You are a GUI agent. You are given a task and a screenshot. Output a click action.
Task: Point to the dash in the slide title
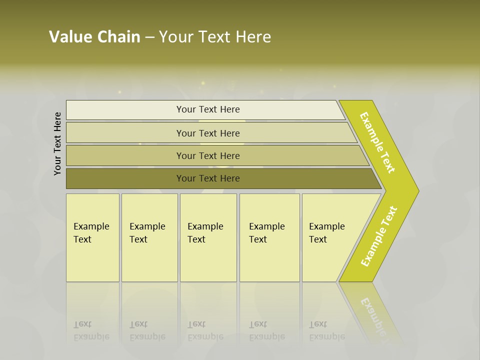tap(149, 37)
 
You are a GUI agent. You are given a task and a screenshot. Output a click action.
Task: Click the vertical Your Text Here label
tap(57, 143)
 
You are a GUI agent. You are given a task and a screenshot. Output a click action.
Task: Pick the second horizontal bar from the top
tap(208, 133)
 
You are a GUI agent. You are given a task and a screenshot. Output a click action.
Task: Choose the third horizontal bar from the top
tap(208, 155)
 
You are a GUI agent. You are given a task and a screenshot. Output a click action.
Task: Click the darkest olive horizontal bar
tap(208, 178)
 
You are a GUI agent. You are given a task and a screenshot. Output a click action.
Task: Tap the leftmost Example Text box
tap(92, 237)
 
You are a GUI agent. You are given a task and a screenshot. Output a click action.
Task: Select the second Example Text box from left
tap(149, 237)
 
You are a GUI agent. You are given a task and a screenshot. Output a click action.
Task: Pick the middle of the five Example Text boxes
tap(208, 237)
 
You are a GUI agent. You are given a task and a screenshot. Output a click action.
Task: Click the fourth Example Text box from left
tap(269, 237)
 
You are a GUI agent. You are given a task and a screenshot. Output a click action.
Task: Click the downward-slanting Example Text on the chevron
tap(377, 142)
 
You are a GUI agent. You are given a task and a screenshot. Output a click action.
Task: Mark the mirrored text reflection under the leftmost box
tap(91, 330)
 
